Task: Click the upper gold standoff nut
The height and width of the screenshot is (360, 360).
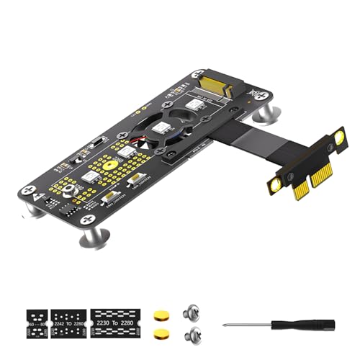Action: [160, 314]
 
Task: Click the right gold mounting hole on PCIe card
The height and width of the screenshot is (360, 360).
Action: [338, 137]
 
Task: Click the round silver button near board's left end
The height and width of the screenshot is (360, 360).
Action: [68, 190]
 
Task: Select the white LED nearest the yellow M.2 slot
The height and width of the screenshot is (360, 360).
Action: [192, 104]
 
